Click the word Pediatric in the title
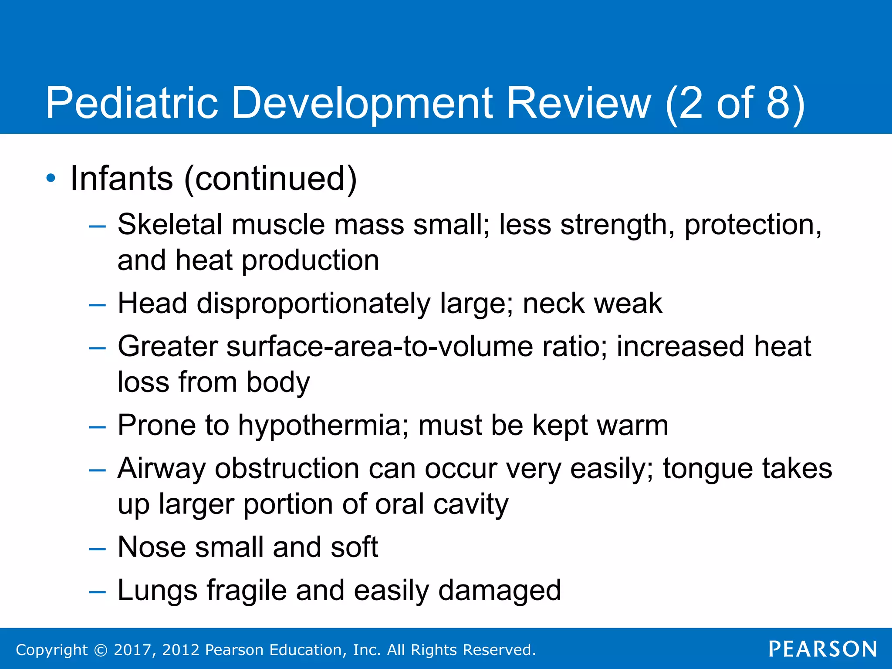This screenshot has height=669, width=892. point(132,103)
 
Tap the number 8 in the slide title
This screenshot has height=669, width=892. point(778,103)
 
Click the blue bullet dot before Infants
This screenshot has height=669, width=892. point(51,178)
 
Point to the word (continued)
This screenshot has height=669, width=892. point(270,179)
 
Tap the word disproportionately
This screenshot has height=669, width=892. point(313,304)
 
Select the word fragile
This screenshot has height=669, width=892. point(247,591)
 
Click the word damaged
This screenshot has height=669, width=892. point(500,591)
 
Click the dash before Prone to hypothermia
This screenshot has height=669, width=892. point(97,426)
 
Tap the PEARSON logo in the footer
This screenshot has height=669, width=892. point(823,649)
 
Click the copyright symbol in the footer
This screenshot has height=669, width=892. point(101,650)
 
